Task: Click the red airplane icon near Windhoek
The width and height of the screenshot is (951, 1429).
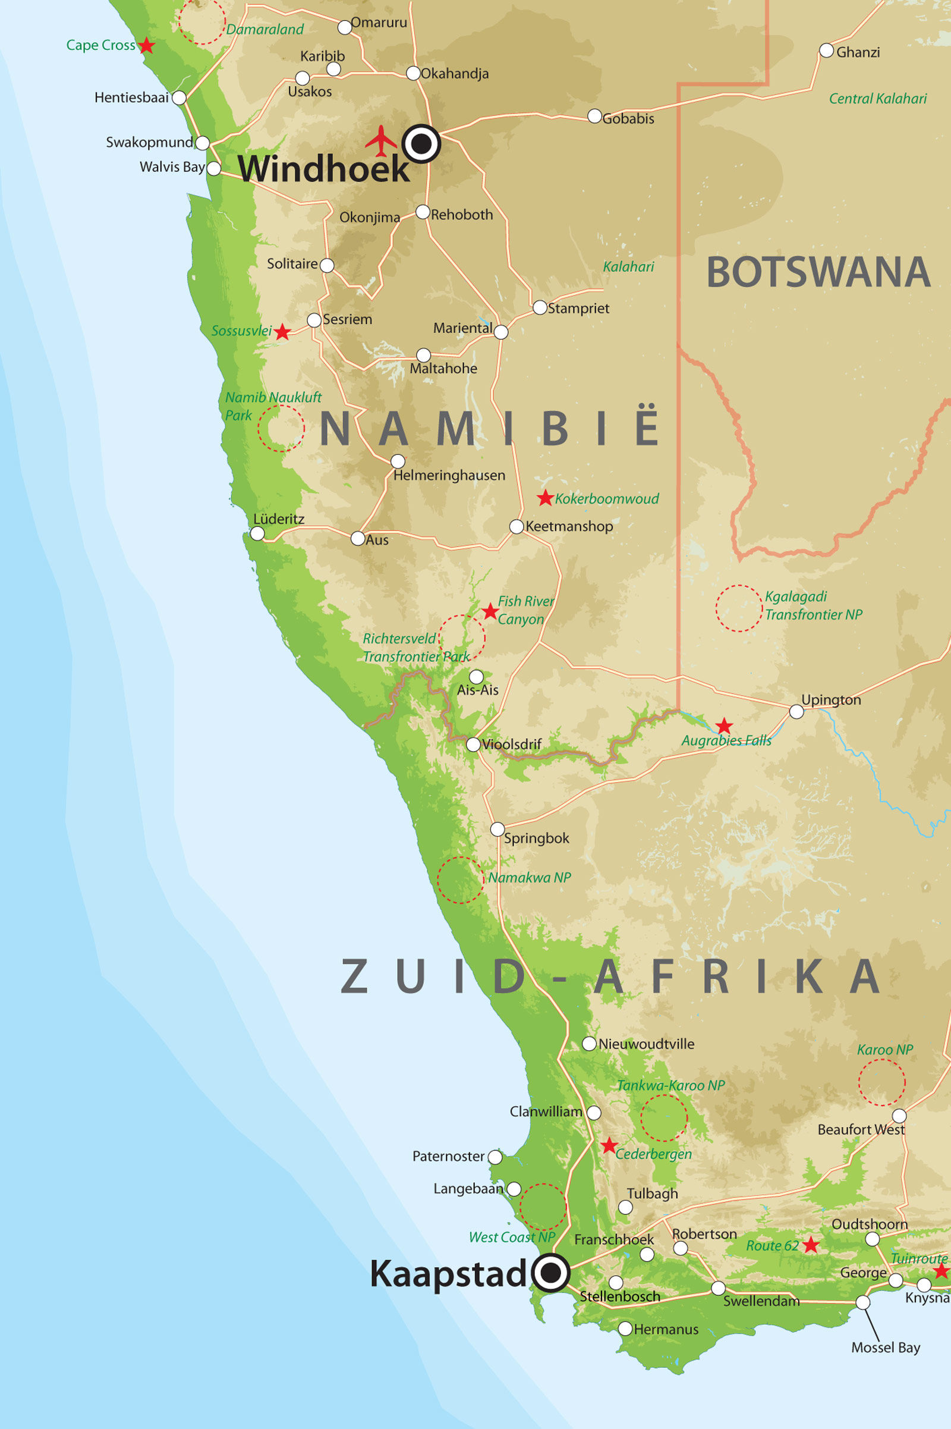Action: pos(380,141)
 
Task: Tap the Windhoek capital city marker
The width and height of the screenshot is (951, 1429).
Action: pos(421,144)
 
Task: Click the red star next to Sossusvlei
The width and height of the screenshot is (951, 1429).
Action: pos(282,332)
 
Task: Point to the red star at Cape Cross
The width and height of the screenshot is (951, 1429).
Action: pos(146,46)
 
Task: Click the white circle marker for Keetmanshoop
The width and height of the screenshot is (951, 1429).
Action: pos(516,526)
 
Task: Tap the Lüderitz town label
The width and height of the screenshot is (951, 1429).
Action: pos(278,519)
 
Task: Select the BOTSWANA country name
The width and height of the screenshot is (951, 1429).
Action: pos(818,272)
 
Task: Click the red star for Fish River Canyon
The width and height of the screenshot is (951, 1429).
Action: pos(490,611)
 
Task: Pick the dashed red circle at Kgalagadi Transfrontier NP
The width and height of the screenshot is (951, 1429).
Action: pos(739,608)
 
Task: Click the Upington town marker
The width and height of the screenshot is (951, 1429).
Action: pos(796,711)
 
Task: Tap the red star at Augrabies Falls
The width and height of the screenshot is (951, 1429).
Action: pos(723,726)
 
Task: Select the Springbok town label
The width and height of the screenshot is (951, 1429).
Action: pos(536,838)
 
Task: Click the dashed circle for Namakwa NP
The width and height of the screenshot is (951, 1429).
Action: pos(460,880)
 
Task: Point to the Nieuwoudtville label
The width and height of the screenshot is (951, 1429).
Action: pos(646,1044)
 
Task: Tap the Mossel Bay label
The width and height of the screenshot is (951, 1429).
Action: pos(886,1347)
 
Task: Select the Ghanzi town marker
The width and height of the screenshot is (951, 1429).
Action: pos(826,51)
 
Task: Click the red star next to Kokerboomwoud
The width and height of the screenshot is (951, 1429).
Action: pos(545,498)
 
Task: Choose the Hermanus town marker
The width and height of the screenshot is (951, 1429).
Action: pos(625,1329)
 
